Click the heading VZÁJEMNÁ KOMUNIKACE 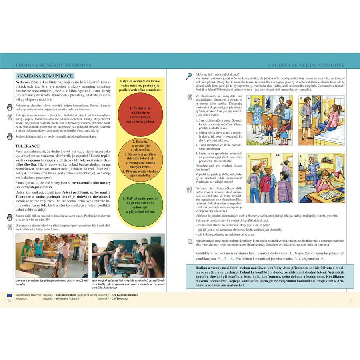tap(44, 76)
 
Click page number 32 tap(10, 301)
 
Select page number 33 tap(350, 301)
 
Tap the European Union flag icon tap(10, 294)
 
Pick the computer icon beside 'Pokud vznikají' tap(190, 241)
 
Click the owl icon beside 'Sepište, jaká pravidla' tap(10, 137)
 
